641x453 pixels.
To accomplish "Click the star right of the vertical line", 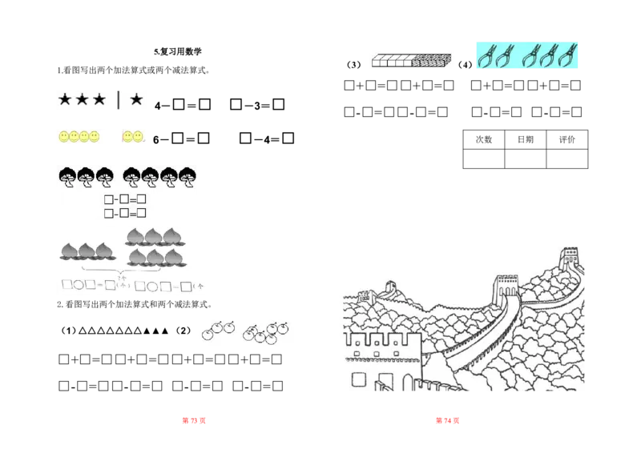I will [x=136, y=99].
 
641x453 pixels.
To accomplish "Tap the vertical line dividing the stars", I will [x=119, y=100].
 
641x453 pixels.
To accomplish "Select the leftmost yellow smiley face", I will [x=64, y=138].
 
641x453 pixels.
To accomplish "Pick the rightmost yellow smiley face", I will [x=138, y=138].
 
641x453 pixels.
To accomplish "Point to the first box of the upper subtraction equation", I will [x=109, y=198].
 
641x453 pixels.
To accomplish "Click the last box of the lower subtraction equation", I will [x=141, y=212].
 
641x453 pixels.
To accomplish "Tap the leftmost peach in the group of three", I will [x=70, y=251].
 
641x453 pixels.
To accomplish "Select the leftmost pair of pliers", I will [x=488, y=55].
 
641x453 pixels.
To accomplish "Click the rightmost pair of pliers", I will [x=570, y=55].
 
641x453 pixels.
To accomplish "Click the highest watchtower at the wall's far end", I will [x=570, y=259].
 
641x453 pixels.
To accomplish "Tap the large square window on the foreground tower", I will [x=360, y=379].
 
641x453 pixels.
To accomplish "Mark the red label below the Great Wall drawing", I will [x=445, y=422].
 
